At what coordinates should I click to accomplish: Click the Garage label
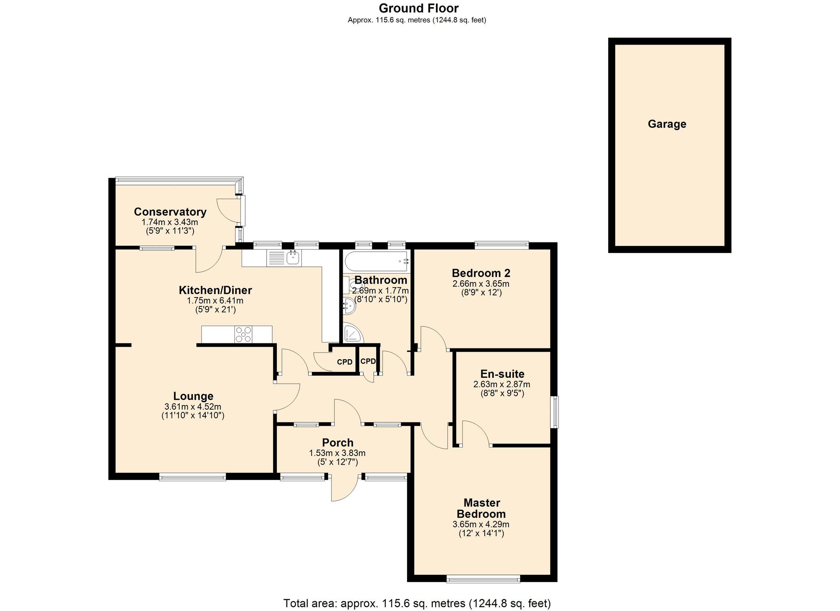[667, 124]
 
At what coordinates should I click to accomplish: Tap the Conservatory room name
[170, 212]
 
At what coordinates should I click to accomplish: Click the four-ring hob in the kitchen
[244, 334]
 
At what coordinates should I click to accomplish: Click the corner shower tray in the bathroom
[353, 333]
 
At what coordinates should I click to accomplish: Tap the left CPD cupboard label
[345, 362]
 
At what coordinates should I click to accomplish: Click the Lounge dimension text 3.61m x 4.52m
[193, 407]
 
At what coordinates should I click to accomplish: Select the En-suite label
[502, 374]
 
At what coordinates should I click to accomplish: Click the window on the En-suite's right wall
[555, 412]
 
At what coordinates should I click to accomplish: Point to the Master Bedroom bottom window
[483, 579]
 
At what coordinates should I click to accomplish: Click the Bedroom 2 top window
[501, 245]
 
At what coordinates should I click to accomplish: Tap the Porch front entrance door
[344, 488]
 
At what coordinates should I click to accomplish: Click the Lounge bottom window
[192, 477]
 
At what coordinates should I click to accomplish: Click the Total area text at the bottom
[417, 603]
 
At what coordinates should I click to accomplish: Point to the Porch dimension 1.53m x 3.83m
[337, 453]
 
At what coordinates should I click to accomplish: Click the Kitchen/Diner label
[215, 290]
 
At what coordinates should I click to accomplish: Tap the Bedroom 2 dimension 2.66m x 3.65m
[481, 284]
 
